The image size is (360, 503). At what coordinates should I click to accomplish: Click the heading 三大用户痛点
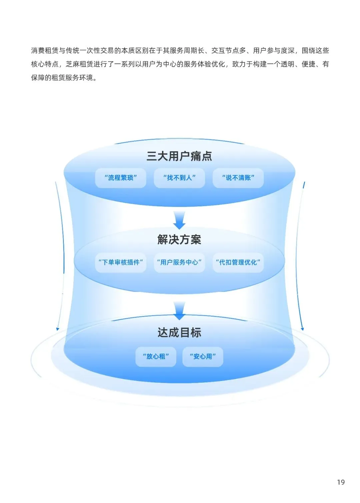[179, 156]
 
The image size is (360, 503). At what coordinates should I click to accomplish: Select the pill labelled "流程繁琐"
[121, 178]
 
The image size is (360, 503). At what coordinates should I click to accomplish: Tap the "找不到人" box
[179, 178]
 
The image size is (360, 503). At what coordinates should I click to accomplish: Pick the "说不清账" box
[238, 178]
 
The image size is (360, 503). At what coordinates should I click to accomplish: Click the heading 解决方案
[179, 239]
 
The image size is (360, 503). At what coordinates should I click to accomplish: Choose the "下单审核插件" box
[121, 263]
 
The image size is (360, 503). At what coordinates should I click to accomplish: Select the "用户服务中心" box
[179, 263]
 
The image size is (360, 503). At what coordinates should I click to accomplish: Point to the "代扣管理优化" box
[238, 263]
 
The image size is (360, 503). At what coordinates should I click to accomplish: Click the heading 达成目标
[179, 332]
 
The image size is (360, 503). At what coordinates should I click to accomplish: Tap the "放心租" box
[156, 357]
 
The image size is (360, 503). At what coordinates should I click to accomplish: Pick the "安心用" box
[203, 357]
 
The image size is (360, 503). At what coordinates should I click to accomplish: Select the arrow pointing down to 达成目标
[179, 311]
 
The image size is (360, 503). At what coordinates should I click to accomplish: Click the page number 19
[341, 482]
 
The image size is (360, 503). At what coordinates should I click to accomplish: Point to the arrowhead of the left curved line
[58, 329]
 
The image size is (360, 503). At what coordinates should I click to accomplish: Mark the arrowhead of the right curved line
[302, 329]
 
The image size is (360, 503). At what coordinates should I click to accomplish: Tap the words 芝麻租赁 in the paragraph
[79, 64]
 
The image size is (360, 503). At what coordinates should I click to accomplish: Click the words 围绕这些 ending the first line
[315, 51]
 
